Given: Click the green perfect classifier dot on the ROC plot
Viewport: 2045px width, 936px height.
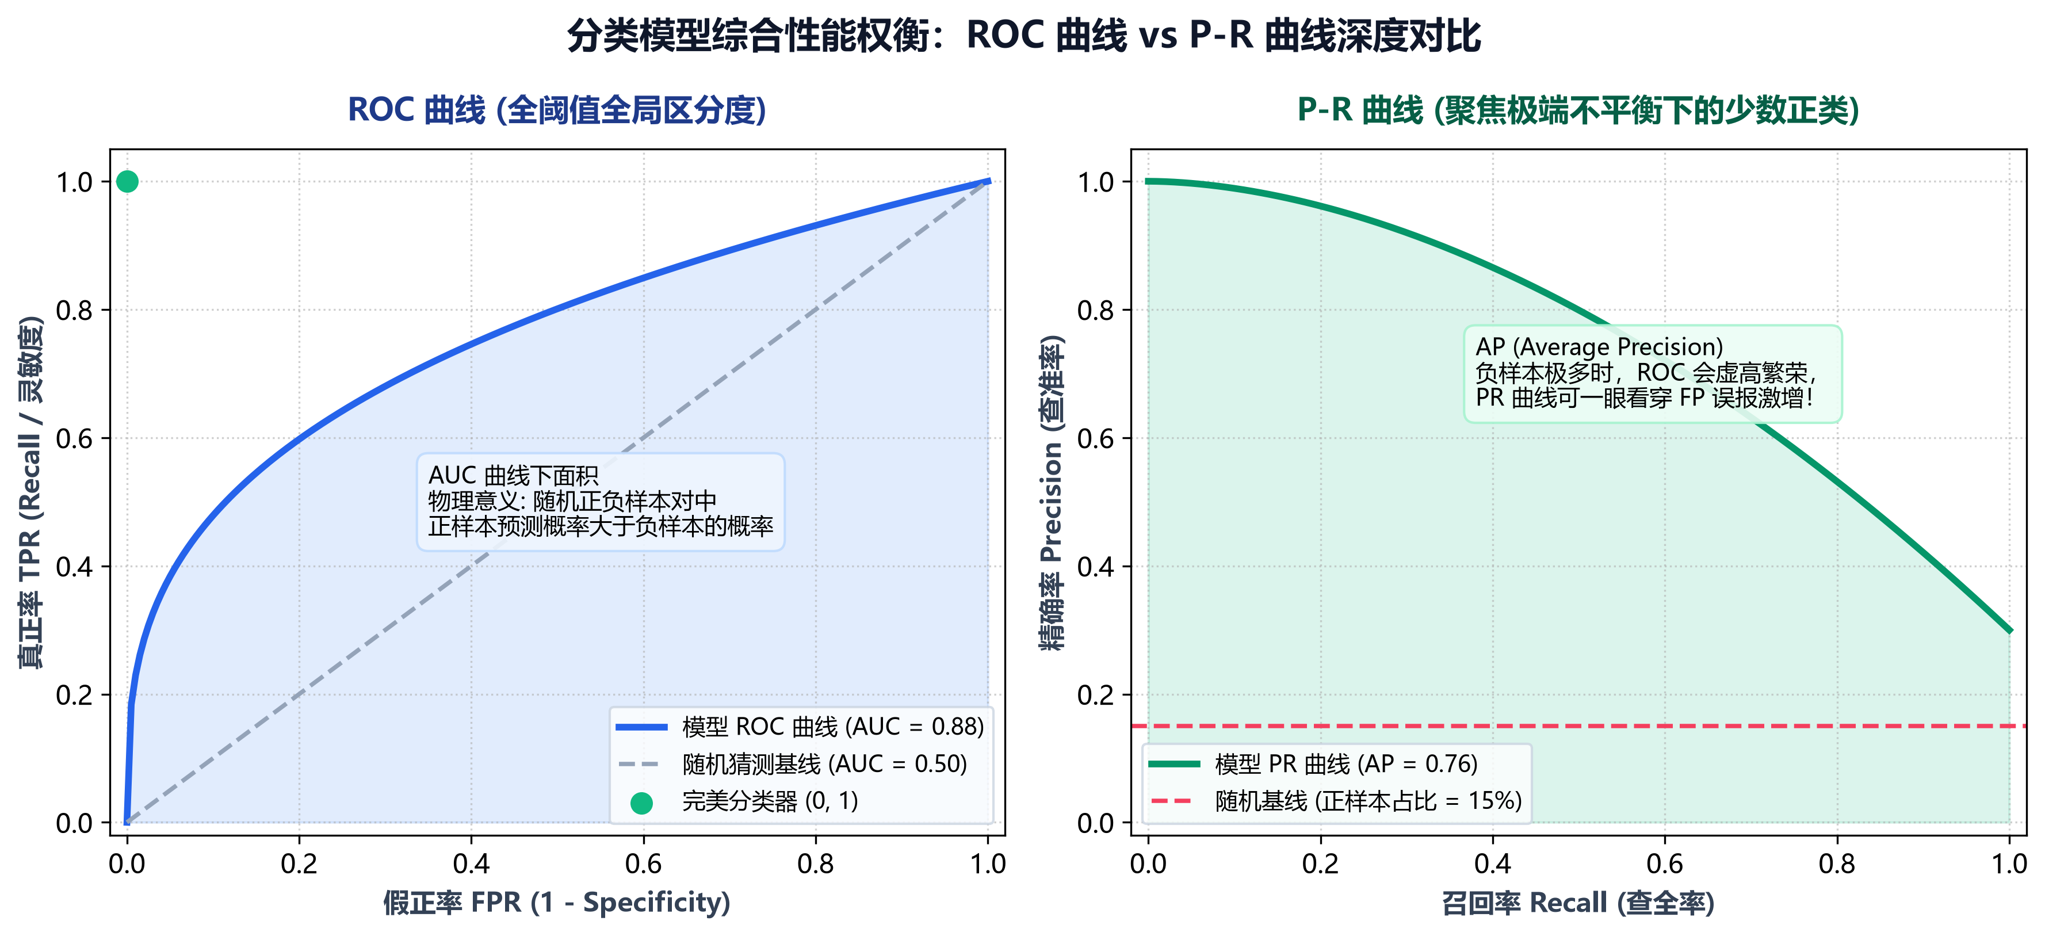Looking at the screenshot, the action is (x=127, y=182).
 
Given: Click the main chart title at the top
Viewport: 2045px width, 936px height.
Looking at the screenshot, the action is (x=1023, y=36).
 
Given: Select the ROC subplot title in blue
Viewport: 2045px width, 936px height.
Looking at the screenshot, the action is (x=557, y=110).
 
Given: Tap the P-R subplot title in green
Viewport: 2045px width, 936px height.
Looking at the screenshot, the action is (x=1578, y=110).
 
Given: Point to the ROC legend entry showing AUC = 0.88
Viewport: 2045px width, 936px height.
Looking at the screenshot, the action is (x=800, y=727).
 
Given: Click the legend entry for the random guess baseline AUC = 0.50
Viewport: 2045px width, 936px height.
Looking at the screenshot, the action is (x=792, y=764).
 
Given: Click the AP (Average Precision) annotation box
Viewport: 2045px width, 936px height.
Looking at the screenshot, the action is (x=1653, y=373).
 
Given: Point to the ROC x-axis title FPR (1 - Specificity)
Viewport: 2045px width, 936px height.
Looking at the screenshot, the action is (x=556, y=903).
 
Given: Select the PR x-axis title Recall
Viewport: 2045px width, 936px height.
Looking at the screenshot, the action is (x=1578, y=903).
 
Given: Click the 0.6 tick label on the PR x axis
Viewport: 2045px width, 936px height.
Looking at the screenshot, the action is (x=1665, y=864).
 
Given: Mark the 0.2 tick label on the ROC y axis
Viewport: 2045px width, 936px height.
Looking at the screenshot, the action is (x=75, y=696).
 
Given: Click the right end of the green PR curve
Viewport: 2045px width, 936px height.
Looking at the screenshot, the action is (x=2010, y=631).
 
